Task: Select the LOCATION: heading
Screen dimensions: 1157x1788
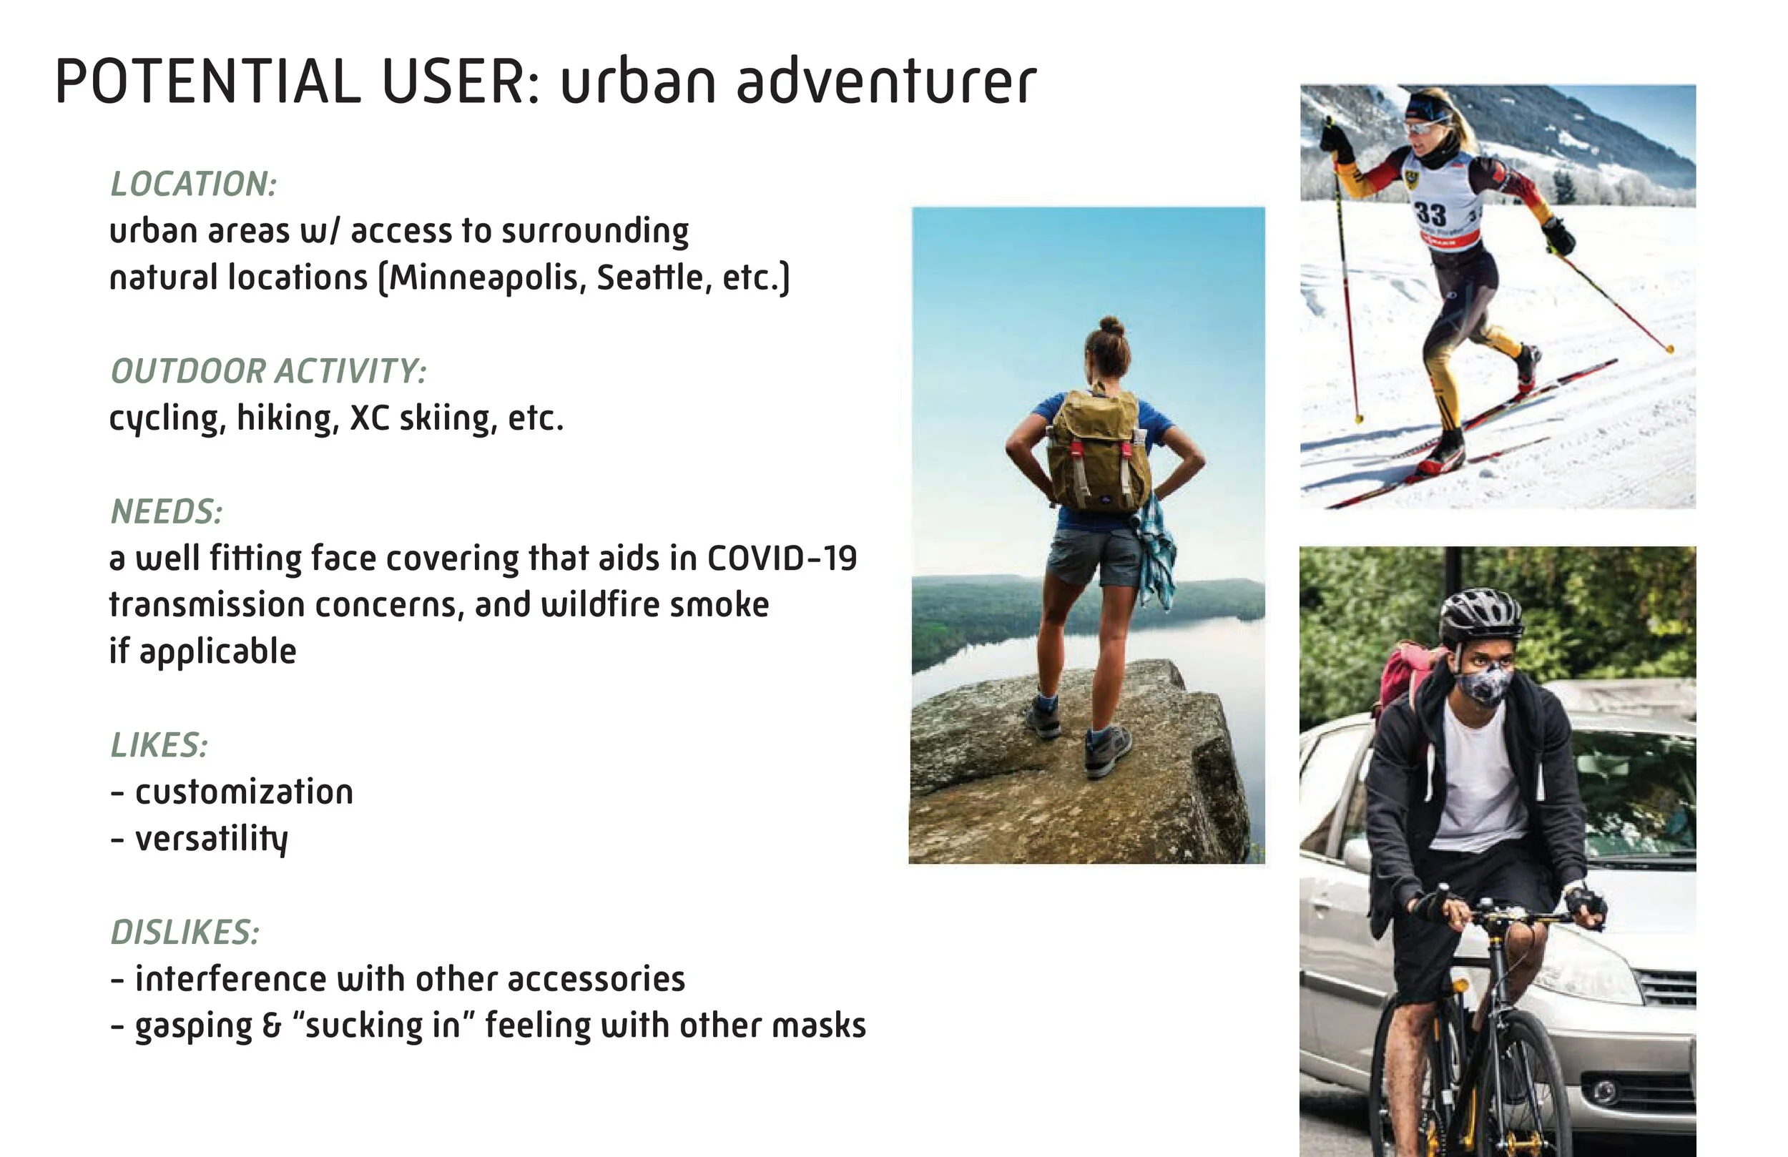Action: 194,184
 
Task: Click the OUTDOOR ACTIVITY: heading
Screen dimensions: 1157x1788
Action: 268,371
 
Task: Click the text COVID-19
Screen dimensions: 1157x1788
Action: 781,559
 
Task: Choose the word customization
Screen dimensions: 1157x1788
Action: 243,792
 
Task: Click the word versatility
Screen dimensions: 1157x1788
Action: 211,840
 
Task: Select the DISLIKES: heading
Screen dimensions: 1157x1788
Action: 185,932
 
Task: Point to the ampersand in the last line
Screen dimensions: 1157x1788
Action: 271,1026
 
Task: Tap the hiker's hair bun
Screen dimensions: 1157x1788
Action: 1111,326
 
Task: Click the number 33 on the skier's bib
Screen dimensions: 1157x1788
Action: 1430,213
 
